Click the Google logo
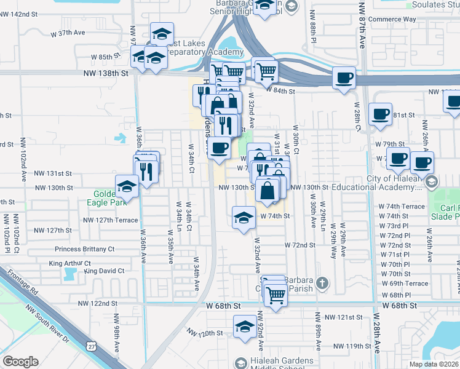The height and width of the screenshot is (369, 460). [x=20, y=361]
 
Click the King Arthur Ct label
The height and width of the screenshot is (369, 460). [x=69, y=263]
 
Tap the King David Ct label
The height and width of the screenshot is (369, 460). [x=105, y=271]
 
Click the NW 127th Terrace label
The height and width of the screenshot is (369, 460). [x=111, y=220]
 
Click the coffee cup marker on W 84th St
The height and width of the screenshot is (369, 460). [x=344, y=78]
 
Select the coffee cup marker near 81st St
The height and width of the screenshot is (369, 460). [x=380, y=114]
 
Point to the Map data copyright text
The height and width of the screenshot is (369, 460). [x=434, y=363]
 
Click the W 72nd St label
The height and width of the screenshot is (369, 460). [x=299, y=245]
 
